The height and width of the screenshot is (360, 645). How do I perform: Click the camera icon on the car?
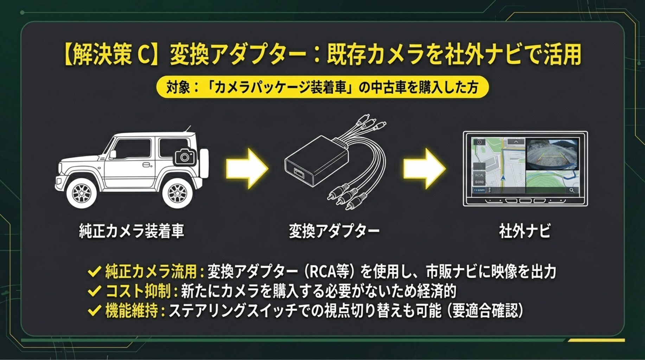pyautogui.click(x=185, y=156)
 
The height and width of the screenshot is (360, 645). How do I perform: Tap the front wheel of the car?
pyautogui.click(x=81, y=192)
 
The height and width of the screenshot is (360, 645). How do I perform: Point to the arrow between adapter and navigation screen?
pyautogui.click(x=424, y=168)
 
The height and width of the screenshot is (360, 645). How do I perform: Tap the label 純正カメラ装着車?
pyautogui.click(x=132, y=231)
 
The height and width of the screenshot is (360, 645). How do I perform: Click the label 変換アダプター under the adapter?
pyautogui.click(x=334, y=231)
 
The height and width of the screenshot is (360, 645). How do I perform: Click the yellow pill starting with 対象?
pyautogui.click(x=322, y=87)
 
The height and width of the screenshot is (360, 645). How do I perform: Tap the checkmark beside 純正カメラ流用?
pyautogui.click(x=94, y=272)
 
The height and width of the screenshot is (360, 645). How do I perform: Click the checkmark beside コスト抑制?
pyautogui.click(x=94, y=291)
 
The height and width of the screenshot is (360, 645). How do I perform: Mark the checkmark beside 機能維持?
pyautogui.click(x=94, y=311)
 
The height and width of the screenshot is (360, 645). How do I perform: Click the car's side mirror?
pyautogui.click(x=113, y=154)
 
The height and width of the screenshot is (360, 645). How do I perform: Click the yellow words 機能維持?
pyautogui.click(x=132, y=311)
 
